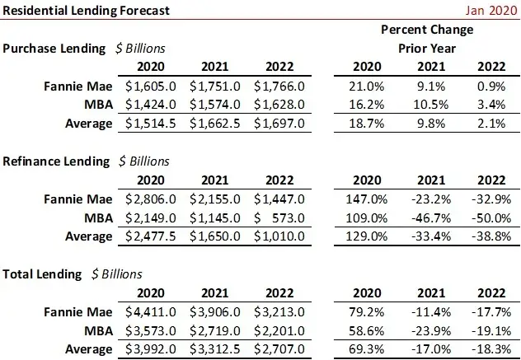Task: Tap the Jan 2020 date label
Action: [489, 11]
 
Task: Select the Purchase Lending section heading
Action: [54, 49]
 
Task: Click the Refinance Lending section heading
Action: [56, 161]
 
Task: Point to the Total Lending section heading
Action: [42, 274]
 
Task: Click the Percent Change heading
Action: [427, 30]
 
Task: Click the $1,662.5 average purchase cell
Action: [216, 124]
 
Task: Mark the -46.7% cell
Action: [430, 217]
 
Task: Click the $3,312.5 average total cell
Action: [216, 349]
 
